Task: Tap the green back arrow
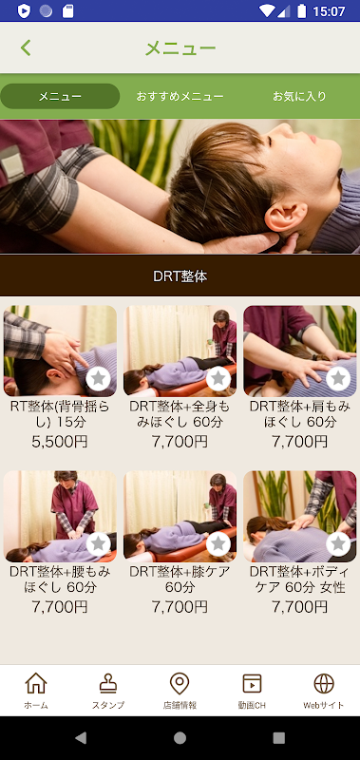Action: (26, 48)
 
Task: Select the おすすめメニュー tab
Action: (180, 97)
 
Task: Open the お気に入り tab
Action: (299, 97)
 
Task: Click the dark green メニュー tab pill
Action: (60, 97)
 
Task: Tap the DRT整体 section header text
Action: (180, 276)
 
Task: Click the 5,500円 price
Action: (60, 442)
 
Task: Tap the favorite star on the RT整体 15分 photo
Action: (99, 378)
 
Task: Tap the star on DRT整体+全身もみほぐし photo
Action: (218, 378)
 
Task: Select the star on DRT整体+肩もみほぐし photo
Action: (338, 378)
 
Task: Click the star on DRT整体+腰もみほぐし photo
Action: (99, 543)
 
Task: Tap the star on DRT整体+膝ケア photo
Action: (218, 543)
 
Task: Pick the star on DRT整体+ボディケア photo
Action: (338, 543)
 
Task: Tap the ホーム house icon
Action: (36, 683)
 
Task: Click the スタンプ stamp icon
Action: (108, 683)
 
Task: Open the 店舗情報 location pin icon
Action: (180, 683)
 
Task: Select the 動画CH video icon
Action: (252, 683)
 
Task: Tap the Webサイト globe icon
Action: (324, 683)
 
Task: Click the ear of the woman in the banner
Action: (285, 217)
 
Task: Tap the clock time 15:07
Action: (329, 10)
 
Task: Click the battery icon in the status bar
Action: (302, 10)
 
